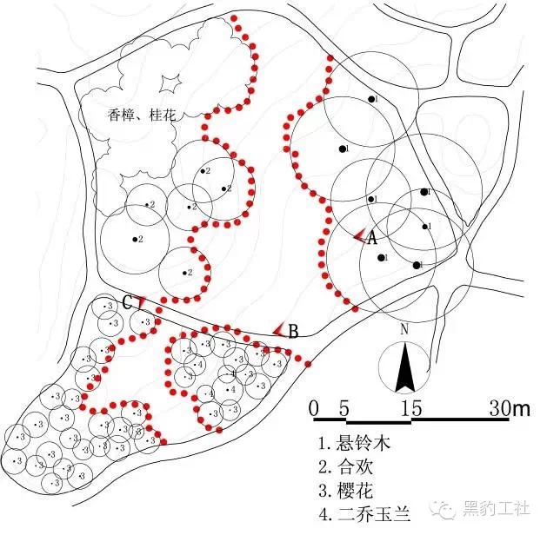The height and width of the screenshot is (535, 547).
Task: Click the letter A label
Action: [371, 236]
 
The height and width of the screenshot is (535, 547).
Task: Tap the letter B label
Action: [294, 330]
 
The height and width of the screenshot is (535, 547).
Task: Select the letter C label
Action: [127, 303]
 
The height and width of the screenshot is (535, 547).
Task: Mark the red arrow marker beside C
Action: [139, 302]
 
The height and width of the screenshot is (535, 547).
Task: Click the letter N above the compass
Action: [404, 330]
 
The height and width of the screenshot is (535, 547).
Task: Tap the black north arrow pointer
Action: [404, 368]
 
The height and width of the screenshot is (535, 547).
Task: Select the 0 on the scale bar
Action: [314, 408]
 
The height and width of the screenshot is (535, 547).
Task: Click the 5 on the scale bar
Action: [345, 408]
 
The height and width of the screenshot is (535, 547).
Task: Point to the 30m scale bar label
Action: [511, 408]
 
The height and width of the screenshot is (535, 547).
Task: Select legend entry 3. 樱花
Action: [350, 488]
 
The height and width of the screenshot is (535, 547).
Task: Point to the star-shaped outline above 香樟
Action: [170, 82]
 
